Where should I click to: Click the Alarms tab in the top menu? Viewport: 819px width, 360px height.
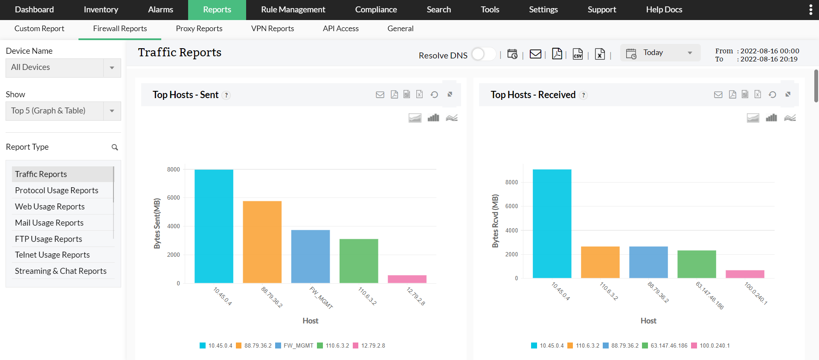[x=160, y=9]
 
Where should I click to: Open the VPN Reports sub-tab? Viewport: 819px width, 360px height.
[x=273, y=29]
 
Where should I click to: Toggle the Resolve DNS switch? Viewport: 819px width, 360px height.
[x=483, y=55]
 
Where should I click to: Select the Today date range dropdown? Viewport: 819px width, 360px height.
[x=660, y=53]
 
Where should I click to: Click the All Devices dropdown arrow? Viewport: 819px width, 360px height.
[x=112, y=68]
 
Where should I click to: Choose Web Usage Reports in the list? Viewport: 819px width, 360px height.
[x=50, y=206]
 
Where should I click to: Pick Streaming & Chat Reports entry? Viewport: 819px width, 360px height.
[x=61, y=271]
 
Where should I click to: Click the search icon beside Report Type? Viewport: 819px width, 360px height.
[x=115, y=147]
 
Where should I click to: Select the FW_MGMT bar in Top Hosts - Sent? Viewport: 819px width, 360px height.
[x=311, y=256]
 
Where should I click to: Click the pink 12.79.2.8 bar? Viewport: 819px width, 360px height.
[x=407, y=279]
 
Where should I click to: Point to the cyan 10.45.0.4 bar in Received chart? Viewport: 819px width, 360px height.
[x=552, y=224]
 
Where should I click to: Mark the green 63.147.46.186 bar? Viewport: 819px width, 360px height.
[x=697, y=264]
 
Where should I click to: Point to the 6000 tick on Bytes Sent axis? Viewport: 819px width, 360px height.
[x=174, y=198]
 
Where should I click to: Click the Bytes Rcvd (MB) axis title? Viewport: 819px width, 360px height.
[x=495, y=221]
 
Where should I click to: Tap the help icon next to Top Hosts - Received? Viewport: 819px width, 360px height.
[x=584, y=95]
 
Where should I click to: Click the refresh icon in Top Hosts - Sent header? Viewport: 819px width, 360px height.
[x=434, y=95]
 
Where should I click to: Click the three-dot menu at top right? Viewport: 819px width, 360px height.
[x=810, y=10]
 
